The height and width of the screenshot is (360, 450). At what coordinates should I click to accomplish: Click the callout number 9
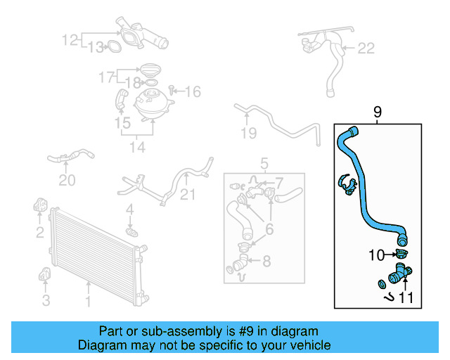pyautogui.click(x=377, y=112)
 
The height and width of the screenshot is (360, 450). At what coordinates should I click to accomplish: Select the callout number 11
pyautogui.click(x=406, y=297)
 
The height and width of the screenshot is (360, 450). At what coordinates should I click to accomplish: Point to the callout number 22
pyautogui.click(x=366, y=49)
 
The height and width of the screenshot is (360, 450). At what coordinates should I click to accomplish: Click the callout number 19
pyautogui.click(x=247, y=133)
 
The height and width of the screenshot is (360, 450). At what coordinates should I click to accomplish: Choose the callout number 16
pyautogui.click(x=192, y=91)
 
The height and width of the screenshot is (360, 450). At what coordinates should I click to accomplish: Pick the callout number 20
pyautogui.click(x=66, y=181)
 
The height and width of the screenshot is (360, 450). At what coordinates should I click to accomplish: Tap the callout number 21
pyautogui.click(x=188, y=194)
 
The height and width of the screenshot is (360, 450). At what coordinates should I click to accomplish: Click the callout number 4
pyautogui.click(x=129, y=210)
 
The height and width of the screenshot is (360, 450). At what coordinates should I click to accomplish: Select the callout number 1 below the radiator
pyautogui.click(x=89, y=303)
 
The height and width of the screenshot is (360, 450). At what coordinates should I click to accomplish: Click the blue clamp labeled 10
pyautogui.click(x=401, y=255)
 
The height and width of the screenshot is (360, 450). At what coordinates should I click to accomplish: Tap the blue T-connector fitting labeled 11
pyautogui.click(x=399, y=275)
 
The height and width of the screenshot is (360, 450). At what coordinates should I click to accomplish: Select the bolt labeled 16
pyautogui.click(x=172, y=91)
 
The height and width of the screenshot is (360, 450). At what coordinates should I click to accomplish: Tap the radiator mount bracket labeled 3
pyautogui.click(x=45, y=276)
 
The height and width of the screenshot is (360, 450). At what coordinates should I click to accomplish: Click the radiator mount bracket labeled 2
pyautogui.click(x=40, y=207)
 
